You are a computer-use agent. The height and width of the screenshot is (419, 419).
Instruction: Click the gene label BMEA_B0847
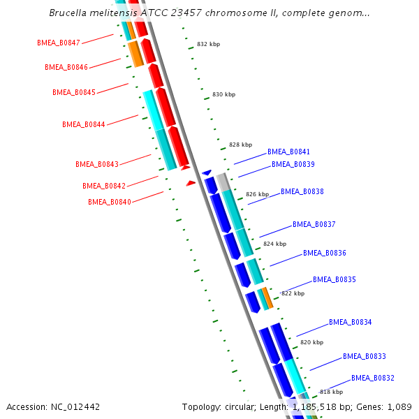59,43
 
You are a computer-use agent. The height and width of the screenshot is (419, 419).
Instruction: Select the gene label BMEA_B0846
66,67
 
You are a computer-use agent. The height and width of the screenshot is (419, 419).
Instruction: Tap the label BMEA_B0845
74,92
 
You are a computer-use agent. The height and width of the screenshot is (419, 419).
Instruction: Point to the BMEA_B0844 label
84,124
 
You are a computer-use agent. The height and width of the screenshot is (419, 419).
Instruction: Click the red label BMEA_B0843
97,164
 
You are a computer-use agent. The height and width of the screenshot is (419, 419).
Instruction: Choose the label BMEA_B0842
104,186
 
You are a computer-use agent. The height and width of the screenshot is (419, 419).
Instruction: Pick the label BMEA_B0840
110,202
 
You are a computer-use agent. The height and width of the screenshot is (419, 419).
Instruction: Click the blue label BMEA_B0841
288,152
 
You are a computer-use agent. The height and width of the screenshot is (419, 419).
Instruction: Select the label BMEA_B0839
293,164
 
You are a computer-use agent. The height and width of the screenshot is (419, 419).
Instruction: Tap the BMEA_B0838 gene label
302,191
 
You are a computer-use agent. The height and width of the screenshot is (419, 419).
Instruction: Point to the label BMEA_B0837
314,224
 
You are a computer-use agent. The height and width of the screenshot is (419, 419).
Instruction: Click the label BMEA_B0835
335,279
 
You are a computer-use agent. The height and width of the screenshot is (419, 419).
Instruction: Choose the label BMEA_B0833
365,356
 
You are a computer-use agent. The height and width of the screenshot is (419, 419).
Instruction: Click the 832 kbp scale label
208,44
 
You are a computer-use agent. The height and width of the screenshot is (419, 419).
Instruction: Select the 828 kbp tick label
240,145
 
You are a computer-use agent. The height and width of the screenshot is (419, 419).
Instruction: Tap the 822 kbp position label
293,293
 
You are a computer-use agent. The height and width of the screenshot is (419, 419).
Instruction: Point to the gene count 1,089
399,406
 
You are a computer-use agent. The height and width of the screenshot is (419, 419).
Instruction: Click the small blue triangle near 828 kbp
206,172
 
